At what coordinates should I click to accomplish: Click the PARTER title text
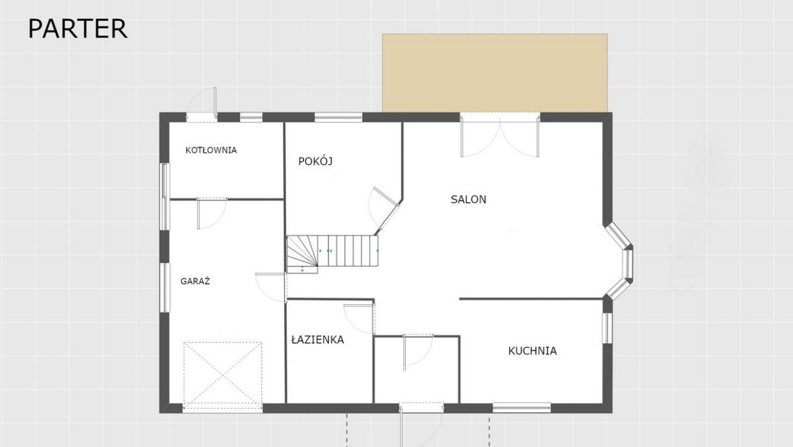(x=77, y=28)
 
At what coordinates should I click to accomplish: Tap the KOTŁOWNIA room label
(x=211, y=150)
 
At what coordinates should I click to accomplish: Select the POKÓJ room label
(x=315, y=161)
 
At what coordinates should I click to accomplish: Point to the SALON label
(x=469, y=200)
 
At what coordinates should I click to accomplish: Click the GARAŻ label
(x=195, y=281)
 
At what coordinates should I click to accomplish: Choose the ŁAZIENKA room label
(x=318, y=340)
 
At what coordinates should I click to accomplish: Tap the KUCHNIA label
(x=533, y=351)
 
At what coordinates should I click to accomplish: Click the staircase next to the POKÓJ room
(x=332, y=254)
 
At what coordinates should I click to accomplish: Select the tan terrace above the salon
(x=495, y=73)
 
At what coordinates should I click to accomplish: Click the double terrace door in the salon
(x=500, y=136)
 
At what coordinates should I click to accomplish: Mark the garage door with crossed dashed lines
(x=223, y=376)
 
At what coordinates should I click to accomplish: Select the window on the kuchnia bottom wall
(x=521, y=408)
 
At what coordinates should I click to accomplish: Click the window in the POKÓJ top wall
(x=338, y=117)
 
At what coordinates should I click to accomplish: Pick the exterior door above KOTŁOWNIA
(x=202, y=105)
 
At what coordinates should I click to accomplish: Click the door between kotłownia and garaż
(x=212, y=213)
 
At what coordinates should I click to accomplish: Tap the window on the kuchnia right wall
(x=607, y=328)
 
